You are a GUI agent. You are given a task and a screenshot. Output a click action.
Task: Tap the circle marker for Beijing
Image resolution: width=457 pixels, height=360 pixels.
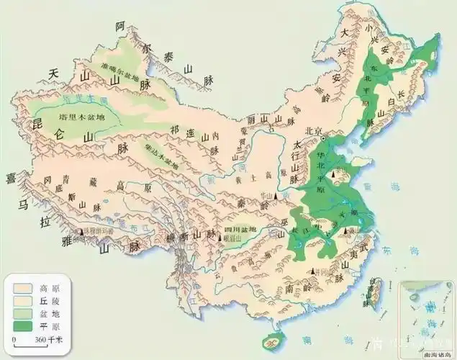click(324, 138)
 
